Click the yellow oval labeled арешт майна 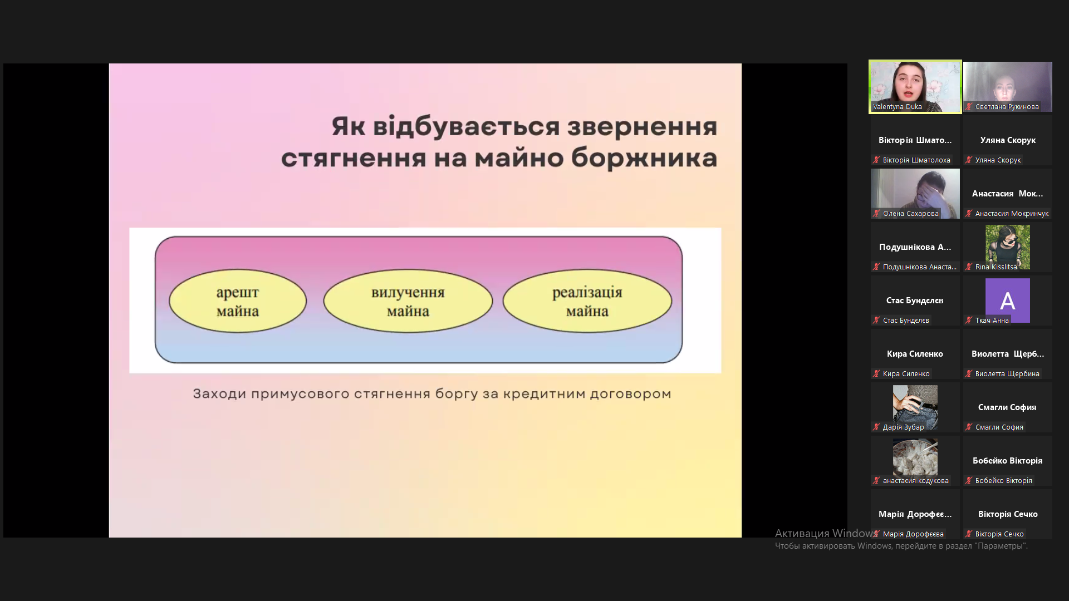[x=238, y=301]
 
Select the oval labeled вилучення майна [x=408, y=301]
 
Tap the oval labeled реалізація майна [x=587, y=301]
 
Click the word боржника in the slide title [x=644, y=157]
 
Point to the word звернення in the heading [x=642, y=127]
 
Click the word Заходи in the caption [x=219, y=394]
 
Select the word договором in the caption [x=630, y=394]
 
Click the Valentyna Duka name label [x=898, y=107]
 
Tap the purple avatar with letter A [x=1008, y=300]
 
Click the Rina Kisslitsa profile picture [x=1008, y=247]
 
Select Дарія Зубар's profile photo [x=915, y=407]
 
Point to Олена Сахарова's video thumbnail [x=915, y=194]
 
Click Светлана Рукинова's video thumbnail [x=1008, y=87]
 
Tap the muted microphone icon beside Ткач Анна [x=969, y=320]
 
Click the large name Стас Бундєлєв [x=915, y=300]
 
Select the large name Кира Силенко [x=915, y=354]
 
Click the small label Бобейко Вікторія [x=1004, y=480]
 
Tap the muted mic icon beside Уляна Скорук [x=969, y=160]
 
